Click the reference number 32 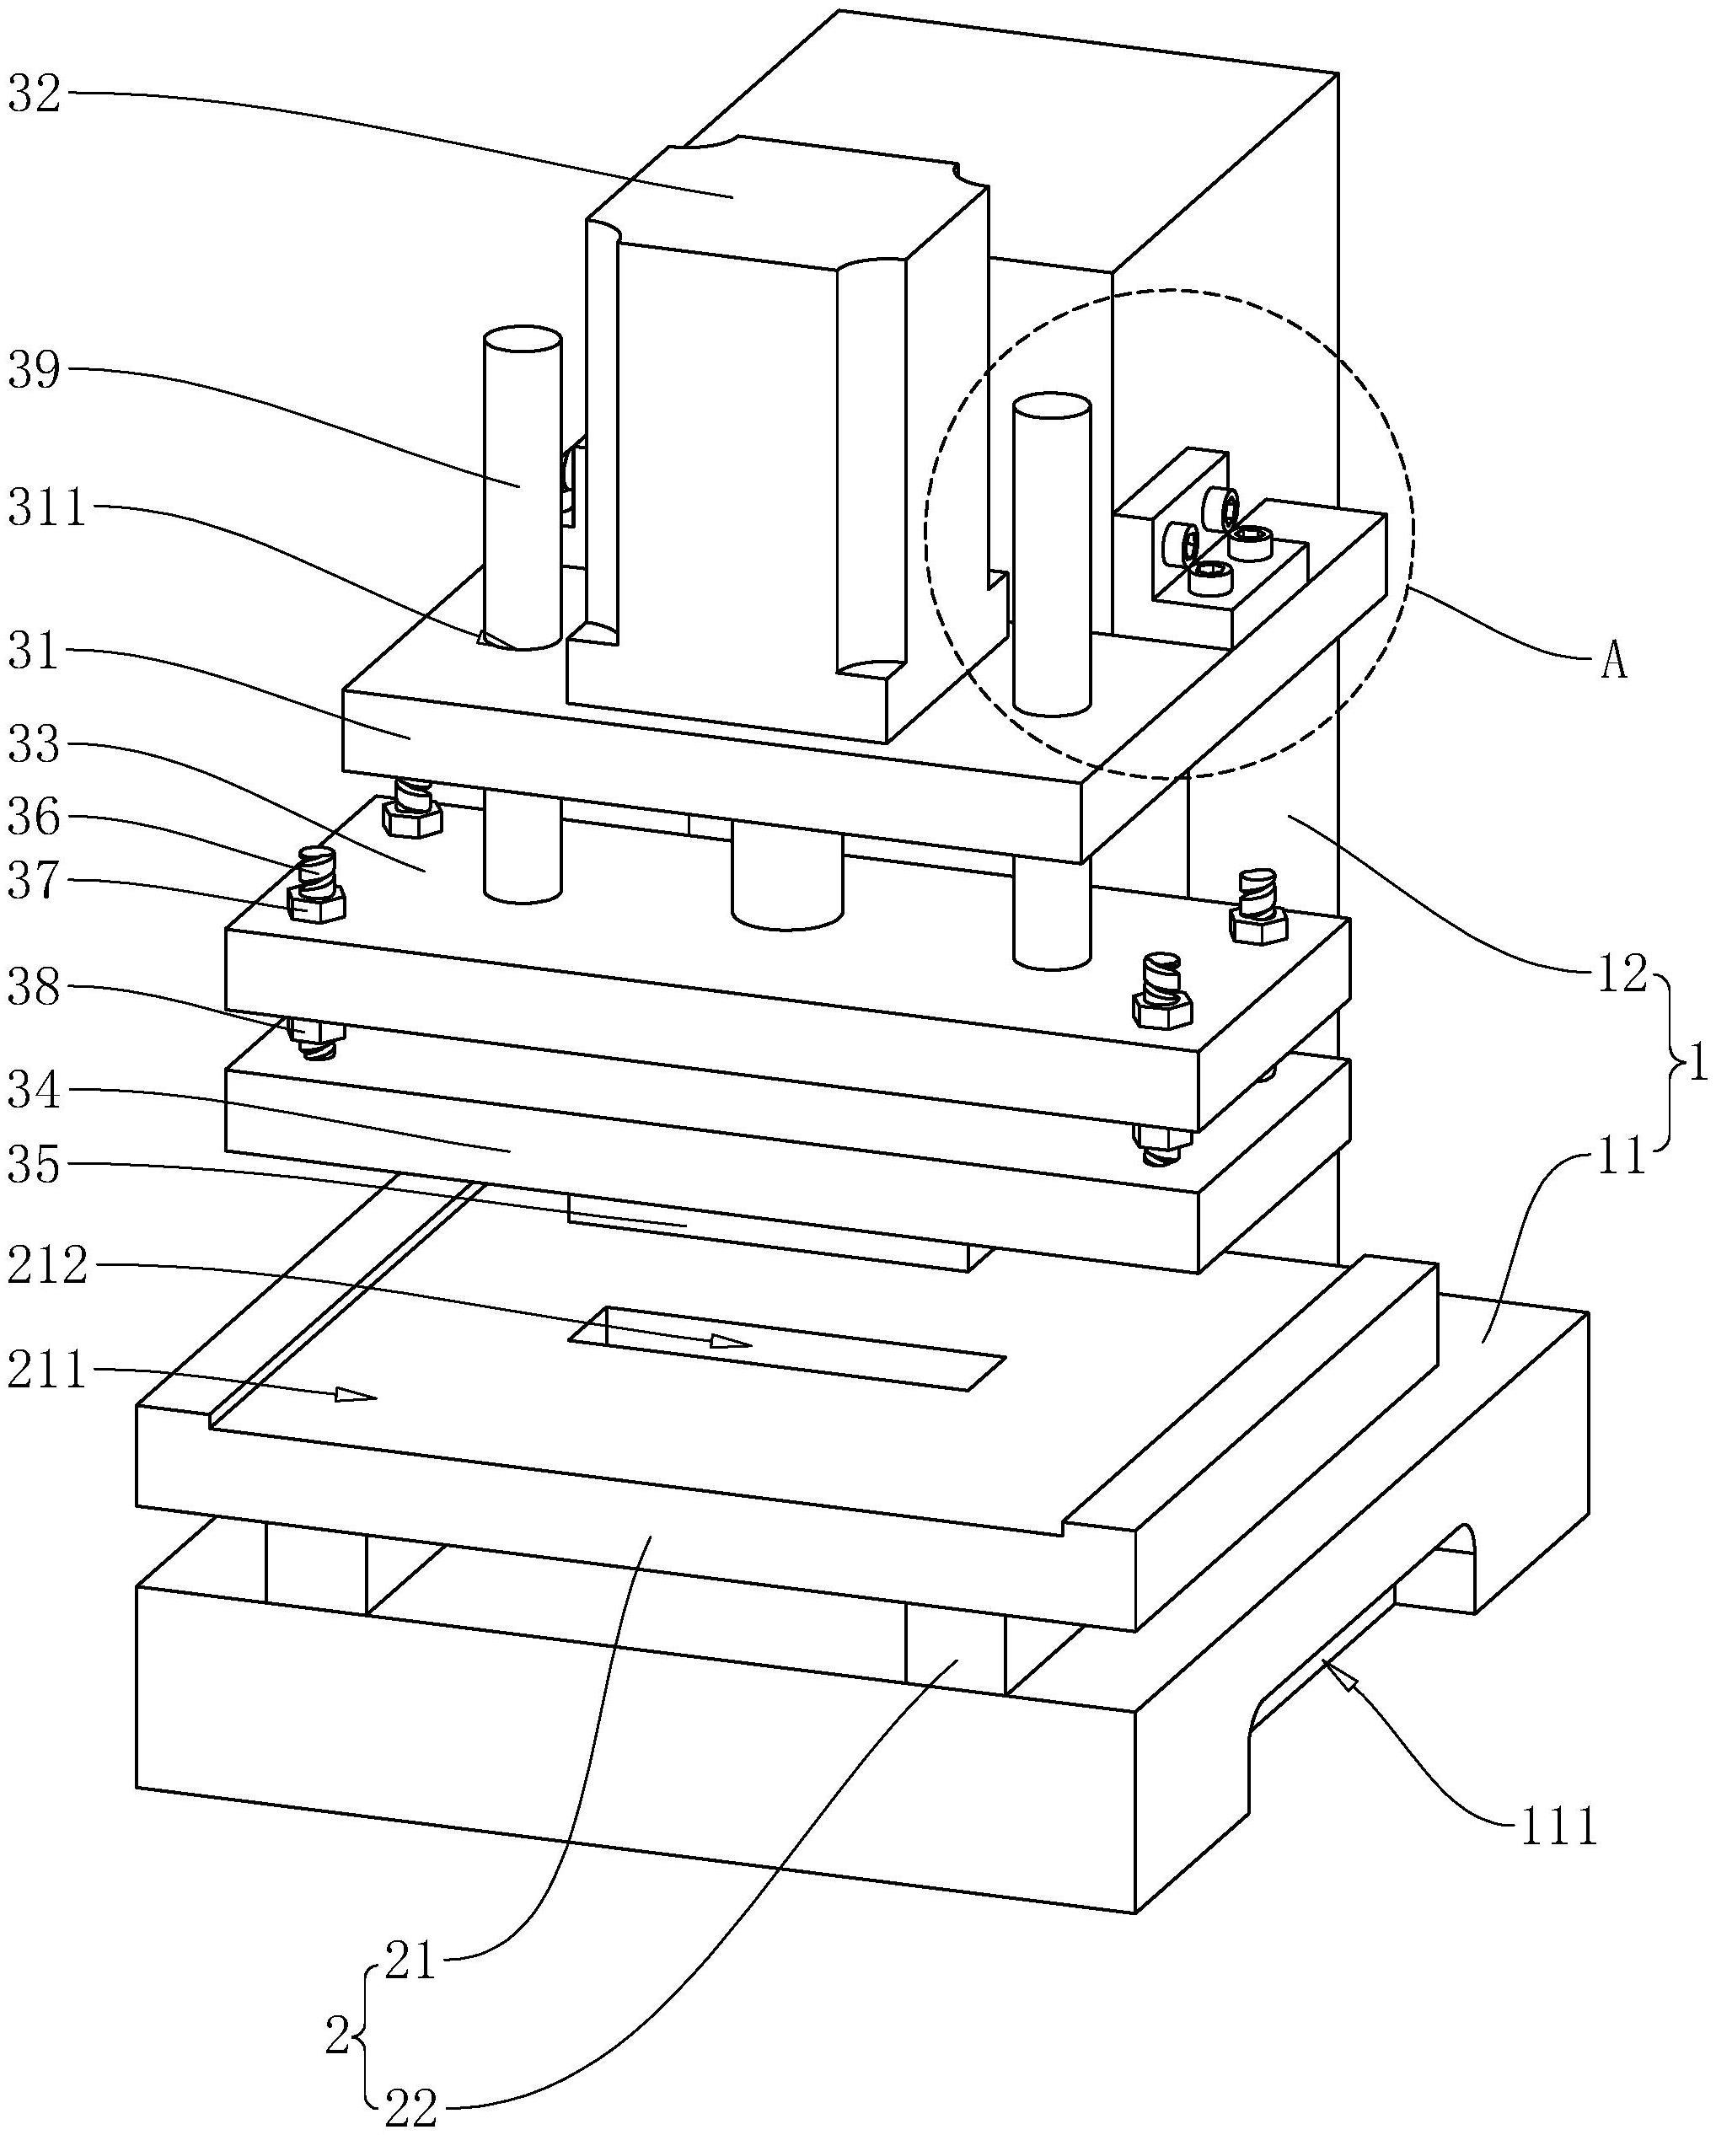tap(35, 95)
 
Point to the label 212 tap(47, 1268)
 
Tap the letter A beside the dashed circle tap(1614, 662)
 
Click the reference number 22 tap(411, 2111)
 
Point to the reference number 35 tap(35, 1166)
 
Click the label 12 tap(1622, 975)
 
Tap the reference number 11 tap(1622, 1156)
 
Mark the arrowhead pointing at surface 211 tap(358, 1395)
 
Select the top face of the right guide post tap(1052, 406)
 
